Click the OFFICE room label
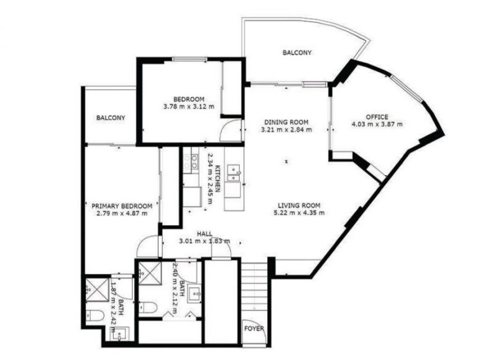click(x=377, y=117)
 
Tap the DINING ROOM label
click(x=287, y=122)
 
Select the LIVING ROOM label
click(x=299, y=205)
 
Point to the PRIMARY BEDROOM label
click(x=122, y=206)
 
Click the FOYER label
click(x=254, y=329)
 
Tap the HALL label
click(x=204, y=234)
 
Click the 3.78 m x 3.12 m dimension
click(x=189, y=107)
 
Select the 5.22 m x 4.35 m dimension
click(x=299, y=213)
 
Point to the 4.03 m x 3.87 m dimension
click(x=377, y=124)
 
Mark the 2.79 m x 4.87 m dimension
click(x=122, y=213)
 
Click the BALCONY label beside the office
click(x=297, y=52)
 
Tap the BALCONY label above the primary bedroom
click(x=111, y=118)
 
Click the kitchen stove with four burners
click(x=191, y=162)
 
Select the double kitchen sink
click(x=233, y=173)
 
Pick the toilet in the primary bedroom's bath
click(x=95, y=316)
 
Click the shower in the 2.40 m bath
click(x=150, y=273)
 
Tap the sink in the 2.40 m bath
click(x=195, y=294)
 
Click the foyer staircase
click(x=254, y=290)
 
